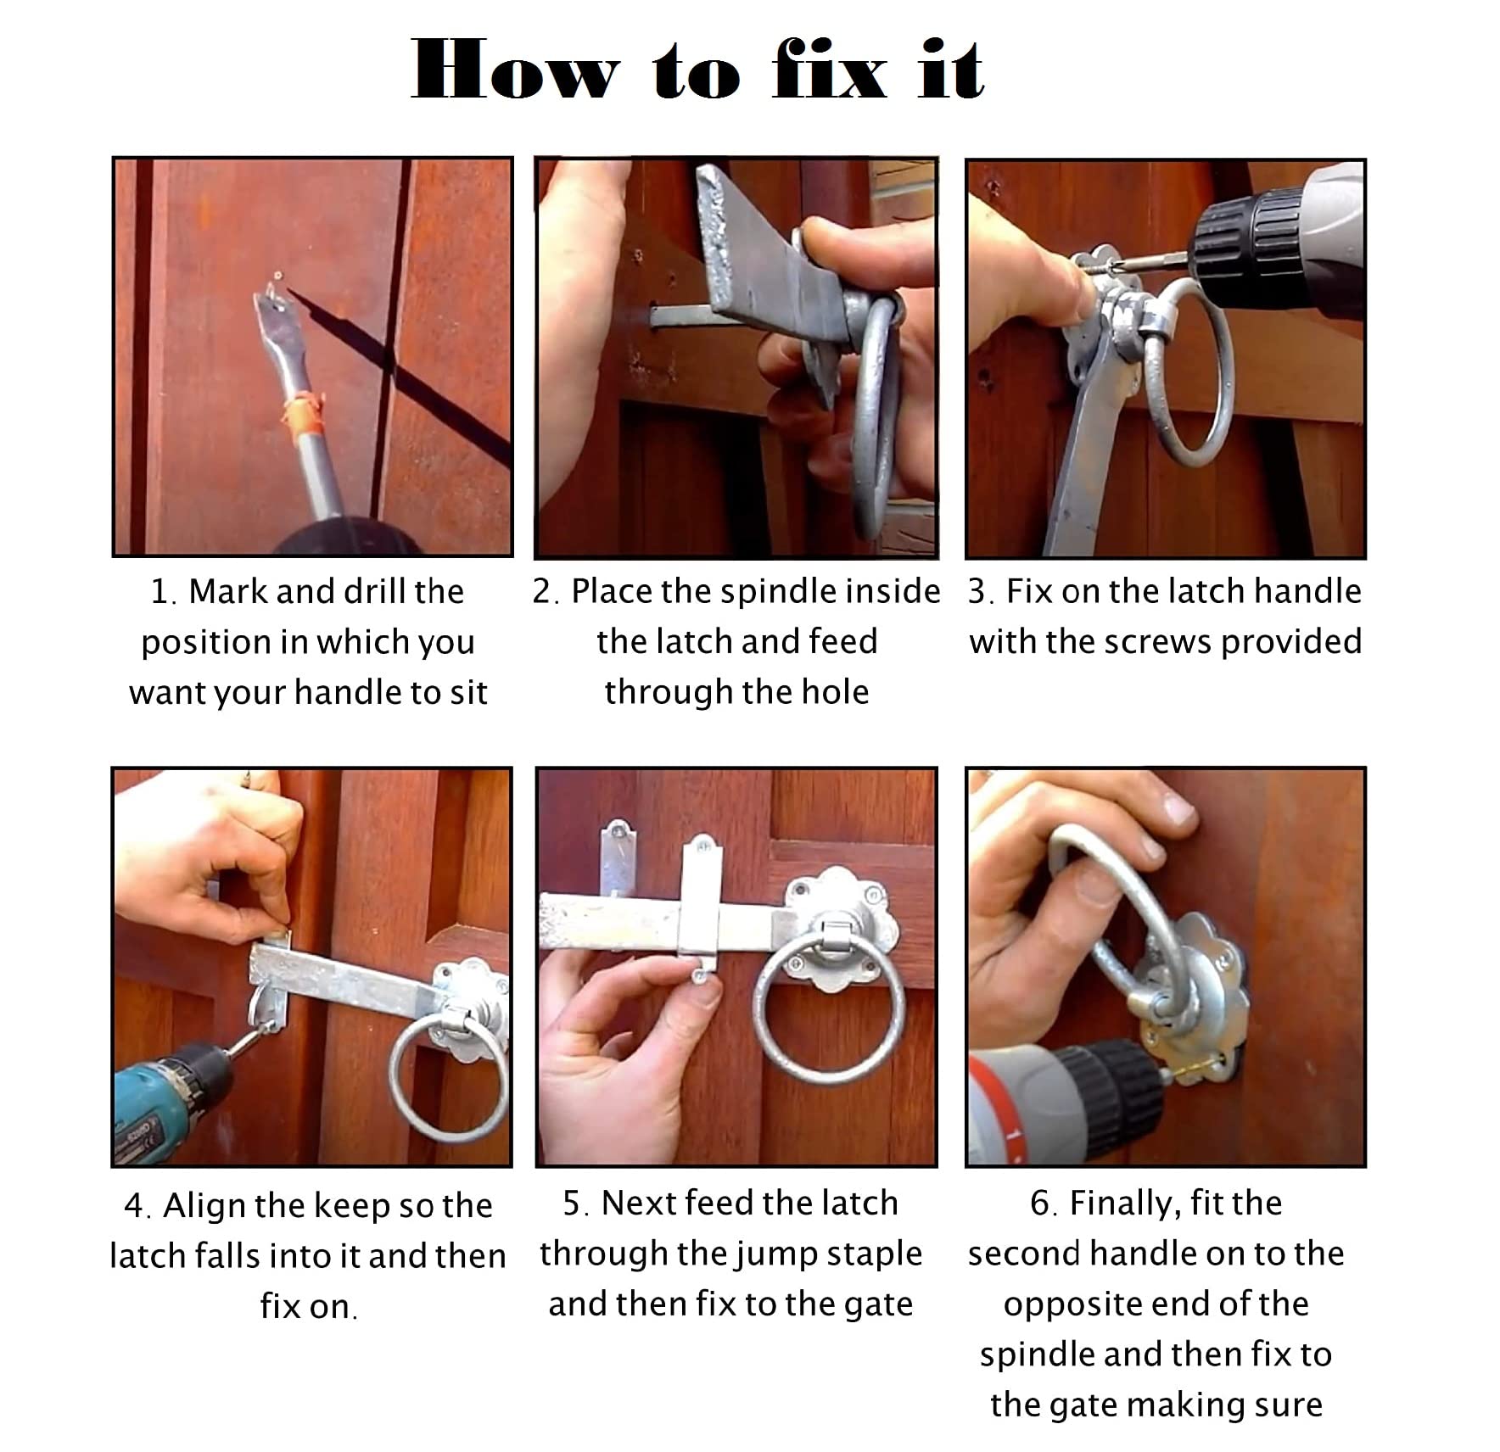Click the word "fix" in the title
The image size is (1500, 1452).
coord(830,70)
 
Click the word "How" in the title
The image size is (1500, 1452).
coord(515,70)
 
